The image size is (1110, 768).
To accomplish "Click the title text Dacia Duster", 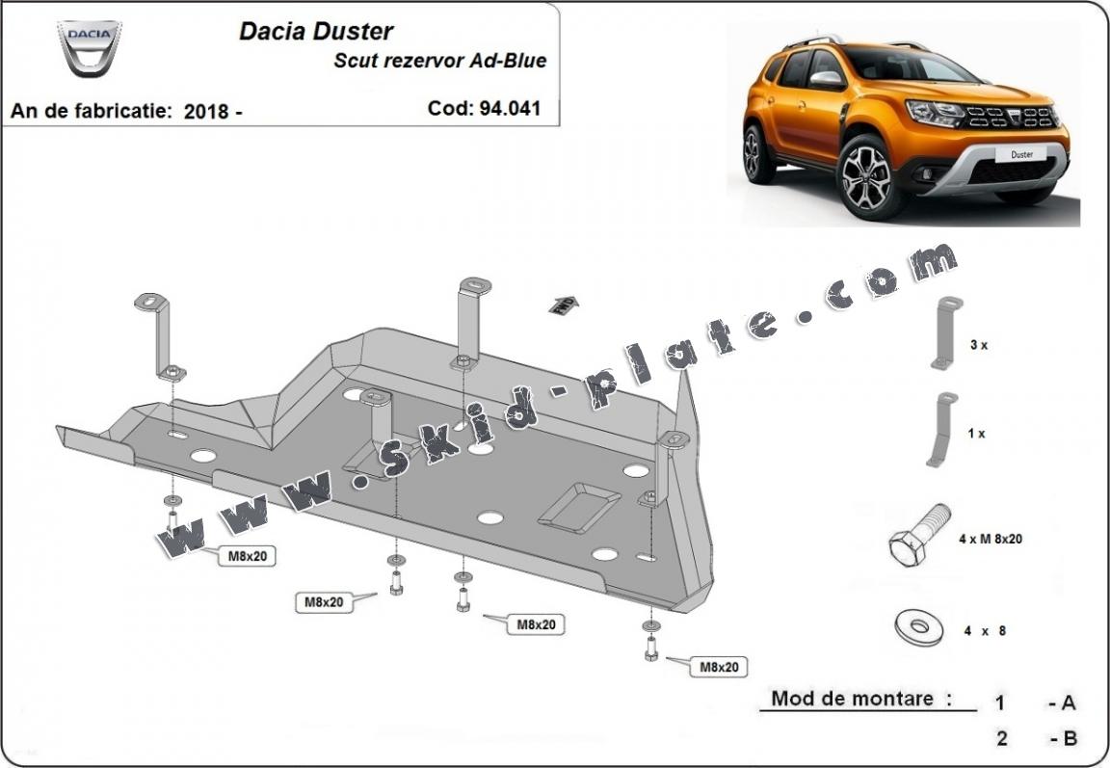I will (316, 31).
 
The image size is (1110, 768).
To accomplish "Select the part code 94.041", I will (510, 109).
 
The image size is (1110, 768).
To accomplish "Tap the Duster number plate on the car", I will (1020, 153).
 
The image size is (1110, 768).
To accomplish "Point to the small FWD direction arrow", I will (563, 305).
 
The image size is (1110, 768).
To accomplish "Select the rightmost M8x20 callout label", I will (719, 666).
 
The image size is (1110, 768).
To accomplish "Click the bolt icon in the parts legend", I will (919, 535).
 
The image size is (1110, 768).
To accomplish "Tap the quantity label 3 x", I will (978, 344).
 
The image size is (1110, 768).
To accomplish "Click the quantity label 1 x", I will (976, 434).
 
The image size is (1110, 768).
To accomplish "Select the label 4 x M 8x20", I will (991, 540).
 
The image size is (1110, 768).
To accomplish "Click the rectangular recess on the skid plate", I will (579, 506).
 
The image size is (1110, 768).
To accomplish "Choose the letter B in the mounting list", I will (1068, 739).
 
